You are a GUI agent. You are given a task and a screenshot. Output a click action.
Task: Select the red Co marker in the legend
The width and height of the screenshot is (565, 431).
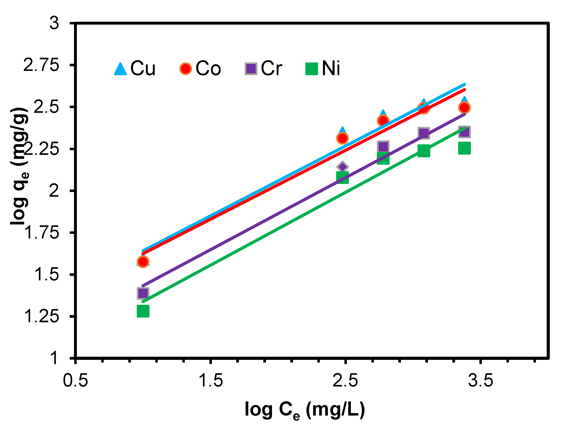[185, 69]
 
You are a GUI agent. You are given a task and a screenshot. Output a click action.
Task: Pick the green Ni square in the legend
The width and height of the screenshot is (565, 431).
[311, 69]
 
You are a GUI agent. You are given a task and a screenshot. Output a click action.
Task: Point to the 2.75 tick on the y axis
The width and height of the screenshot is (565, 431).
[41, 65]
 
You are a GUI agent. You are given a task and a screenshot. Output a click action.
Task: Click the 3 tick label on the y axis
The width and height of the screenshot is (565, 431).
[54, 23]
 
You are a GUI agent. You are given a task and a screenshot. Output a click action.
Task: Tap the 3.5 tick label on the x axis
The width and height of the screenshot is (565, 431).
[480, 380]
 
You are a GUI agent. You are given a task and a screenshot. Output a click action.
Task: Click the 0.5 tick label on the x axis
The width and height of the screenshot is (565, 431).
[75, 380]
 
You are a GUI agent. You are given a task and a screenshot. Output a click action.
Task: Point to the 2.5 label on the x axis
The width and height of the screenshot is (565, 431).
[345, 380]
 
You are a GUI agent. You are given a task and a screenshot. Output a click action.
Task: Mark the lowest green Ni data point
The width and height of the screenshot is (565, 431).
[143, 311]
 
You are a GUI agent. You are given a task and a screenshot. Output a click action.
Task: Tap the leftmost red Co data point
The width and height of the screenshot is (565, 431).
[143, 262]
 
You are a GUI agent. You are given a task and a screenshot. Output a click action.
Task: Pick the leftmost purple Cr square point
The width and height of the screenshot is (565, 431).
[143, 293]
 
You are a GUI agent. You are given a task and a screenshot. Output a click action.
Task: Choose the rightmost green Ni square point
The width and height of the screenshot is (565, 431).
[464, 148]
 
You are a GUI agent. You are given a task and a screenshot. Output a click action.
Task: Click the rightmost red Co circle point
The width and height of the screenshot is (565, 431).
[464, 107]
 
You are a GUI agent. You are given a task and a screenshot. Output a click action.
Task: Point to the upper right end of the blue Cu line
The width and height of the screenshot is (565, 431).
[465, 84]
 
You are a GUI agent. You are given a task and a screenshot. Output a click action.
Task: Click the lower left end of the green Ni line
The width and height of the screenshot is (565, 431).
[143, 302]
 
